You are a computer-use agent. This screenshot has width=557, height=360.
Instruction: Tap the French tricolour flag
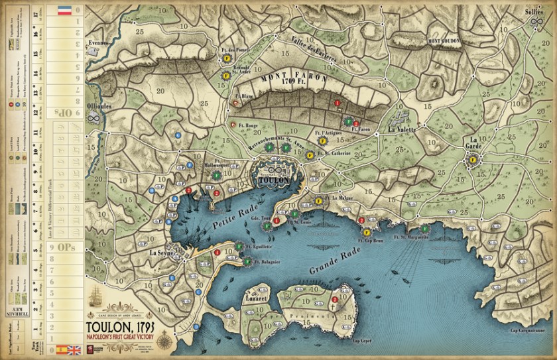tap(63, 11)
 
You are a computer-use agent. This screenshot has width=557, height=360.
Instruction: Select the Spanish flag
tap(60, 348)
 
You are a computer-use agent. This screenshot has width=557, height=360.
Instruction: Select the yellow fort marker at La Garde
tap(473, 158)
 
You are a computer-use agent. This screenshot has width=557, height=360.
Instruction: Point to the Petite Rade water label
tap(219, 229)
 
